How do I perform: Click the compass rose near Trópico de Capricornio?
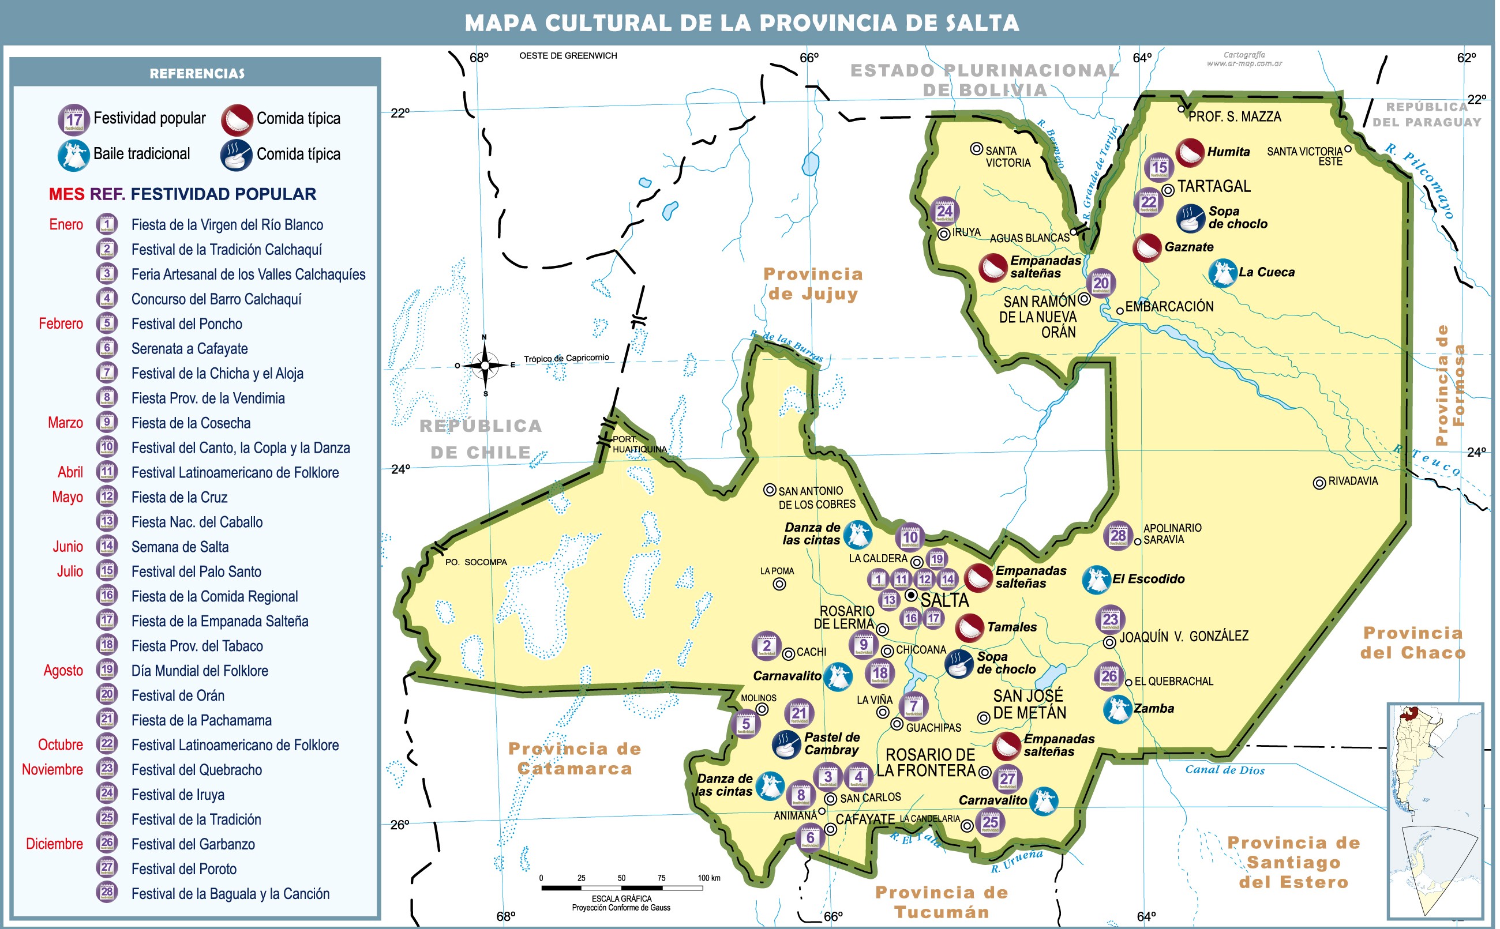point(485,365)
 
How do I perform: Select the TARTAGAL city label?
point(1213,186)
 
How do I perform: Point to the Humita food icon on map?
point(1190,152)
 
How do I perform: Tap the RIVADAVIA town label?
point(1352,481)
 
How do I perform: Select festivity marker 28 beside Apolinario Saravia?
point(1117,536)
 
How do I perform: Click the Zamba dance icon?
point(1117,709)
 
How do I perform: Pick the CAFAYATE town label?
point(865,819)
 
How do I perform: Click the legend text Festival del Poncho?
point(187,324)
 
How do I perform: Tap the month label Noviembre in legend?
point(52,769)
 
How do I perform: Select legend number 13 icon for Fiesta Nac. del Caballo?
point(107,522)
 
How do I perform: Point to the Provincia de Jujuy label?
point(812,284)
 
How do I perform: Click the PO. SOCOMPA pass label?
point(475,562)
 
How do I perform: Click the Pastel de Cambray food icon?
point(785,744)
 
